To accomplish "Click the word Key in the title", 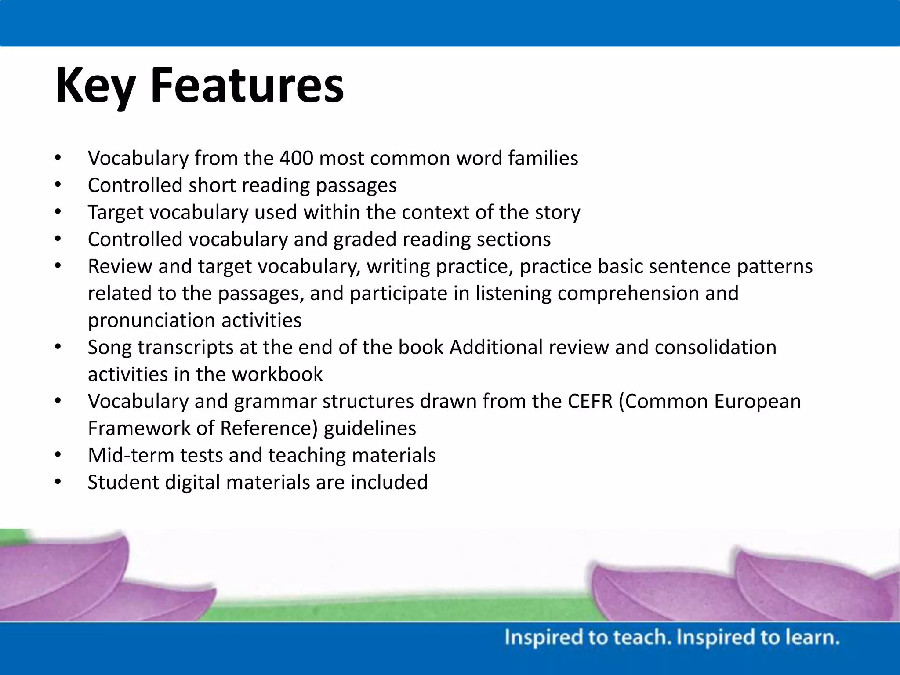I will pyautogui.click(x=95, y=86).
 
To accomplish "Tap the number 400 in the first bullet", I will pyautogui.click(x=296, y=158).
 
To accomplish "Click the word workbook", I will pyautogui.click(x=277, y=374).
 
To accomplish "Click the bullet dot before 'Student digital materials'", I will pyautogui.click(x=58, y=482).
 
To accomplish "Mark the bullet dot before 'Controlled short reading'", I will pyautogui.click(x=58, y=185).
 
